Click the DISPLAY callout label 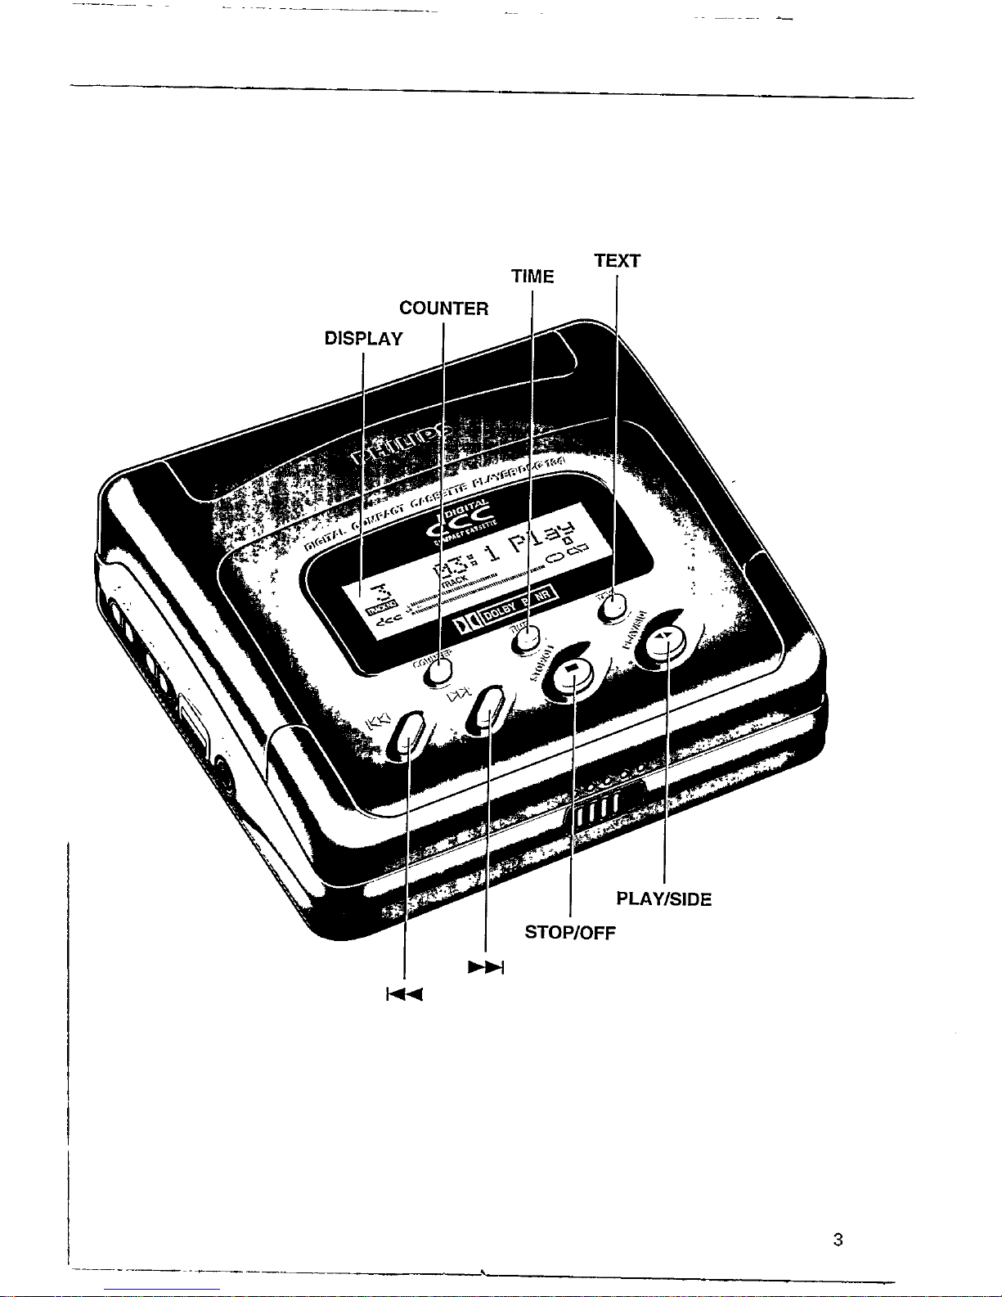pos(363,339)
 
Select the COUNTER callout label pos(443,308)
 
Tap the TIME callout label pos(532,277)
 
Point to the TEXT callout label pos(617,261)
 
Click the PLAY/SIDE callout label pos(663,899)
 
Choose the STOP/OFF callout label pos(569,933)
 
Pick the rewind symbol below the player pos(404,996)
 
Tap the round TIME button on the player pos(527,638)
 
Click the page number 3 pos(837,1240)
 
